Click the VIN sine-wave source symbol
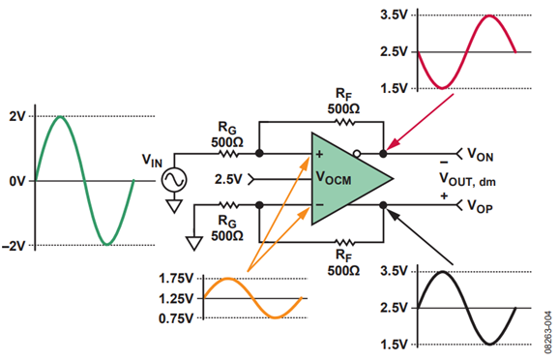174,180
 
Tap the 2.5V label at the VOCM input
228,179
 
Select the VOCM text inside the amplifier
334,178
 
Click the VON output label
480,155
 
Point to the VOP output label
480,206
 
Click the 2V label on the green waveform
17,116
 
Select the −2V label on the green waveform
14,246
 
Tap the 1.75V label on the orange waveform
176,278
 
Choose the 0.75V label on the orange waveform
176,318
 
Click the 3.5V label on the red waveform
394,15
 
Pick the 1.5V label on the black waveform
394,345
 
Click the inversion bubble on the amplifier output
357,154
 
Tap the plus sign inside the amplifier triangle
319,154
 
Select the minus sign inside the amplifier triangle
319,205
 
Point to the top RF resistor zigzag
345,122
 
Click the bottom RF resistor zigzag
345,243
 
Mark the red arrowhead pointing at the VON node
393,145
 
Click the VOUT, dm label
467,179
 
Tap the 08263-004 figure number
548,332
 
